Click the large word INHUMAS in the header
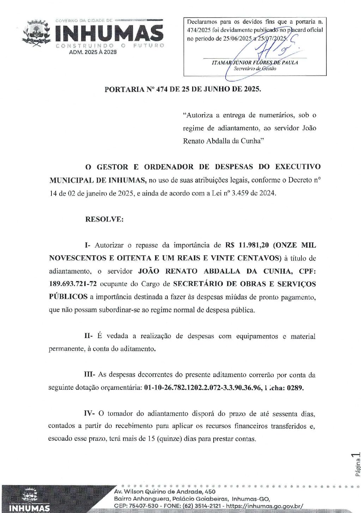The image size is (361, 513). [x=109, y=33]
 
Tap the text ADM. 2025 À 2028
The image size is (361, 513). [x=93, y=52]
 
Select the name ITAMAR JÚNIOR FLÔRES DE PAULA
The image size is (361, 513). [x=255, y=62]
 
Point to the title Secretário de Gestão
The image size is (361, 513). [x=255, y=69]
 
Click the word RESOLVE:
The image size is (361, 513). [x=104, y=219]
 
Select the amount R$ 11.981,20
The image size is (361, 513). [x=247, y=245]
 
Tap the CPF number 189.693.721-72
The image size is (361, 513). [x=73, y=284]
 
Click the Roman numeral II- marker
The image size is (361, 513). [x=88, y=336]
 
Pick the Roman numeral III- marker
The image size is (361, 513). [x=89, y=375]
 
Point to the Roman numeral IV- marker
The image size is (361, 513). [x=89, y=413]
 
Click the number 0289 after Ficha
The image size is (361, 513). [x=295, y=388]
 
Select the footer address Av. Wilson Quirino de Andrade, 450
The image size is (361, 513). [x=165, y=492]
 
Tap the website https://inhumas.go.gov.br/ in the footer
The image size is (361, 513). [x=265, y=506]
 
